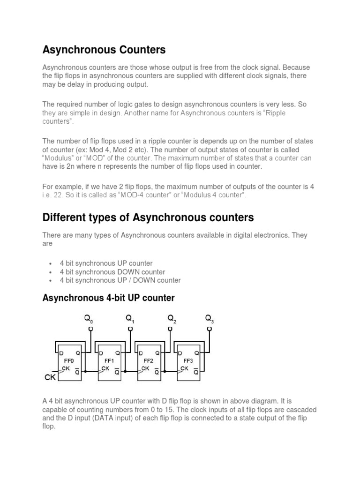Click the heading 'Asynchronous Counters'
[104, 49]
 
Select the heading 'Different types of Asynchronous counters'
[148, 217]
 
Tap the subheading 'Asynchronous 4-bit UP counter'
[108, 298]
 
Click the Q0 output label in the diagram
[89, 320]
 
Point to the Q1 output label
[130, 320]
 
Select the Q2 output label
[172, 320]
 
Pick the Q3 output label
[210, 320]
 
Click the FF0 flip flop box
[69, 361]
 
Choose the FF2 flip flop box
[149, 361]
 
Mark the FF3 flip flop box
[187, 361]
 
